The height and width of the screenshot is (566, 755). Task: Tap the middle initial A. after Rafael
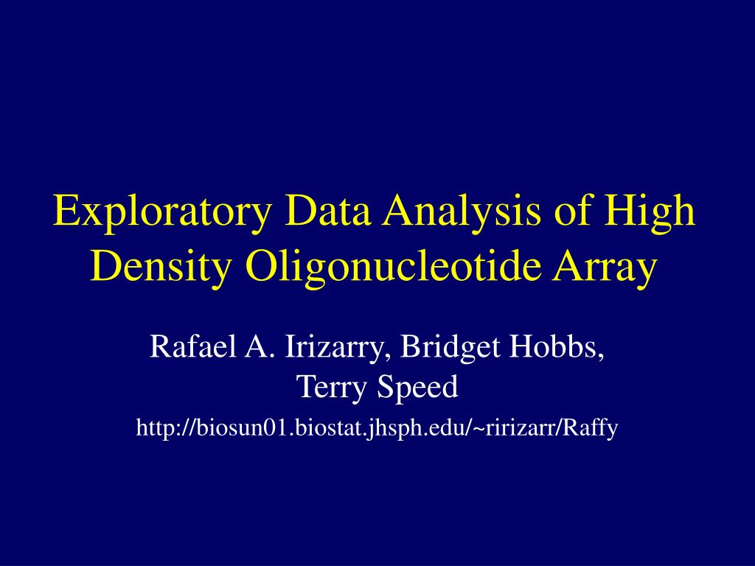[x=254, y=346]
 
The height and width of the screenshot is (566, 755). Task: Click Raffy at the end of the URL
[x=591, y=428]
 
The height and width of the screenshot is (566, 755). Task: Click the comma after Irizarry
[x=389, y=353]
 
